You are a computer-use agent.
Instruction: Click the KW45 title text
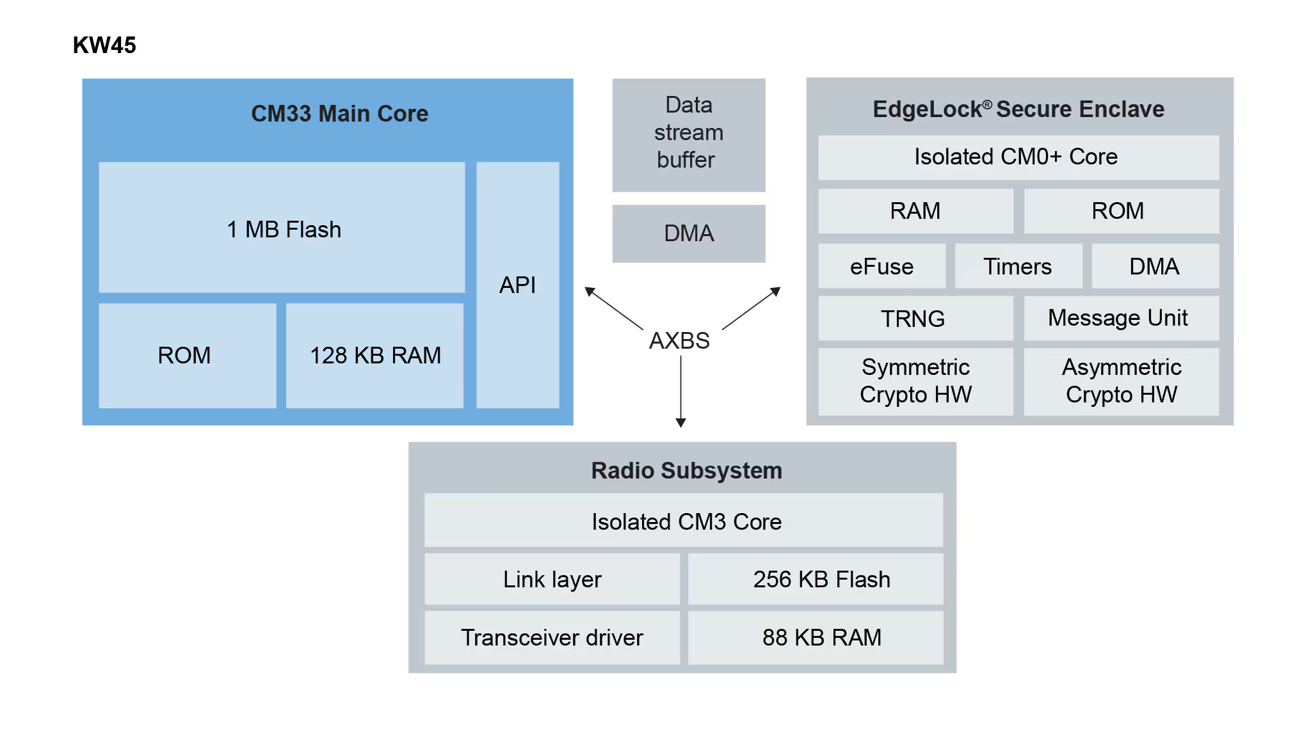(x=104, y=45)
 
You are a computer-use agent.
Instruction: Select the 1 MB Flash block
(x=282, y=228)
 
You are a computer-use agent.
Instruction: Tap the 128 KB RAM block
(x=374, y=355)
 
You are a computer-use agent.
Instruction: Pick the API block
(x=517, y=285)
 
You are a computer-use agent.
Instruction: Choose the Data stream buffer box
(x=688, y=134)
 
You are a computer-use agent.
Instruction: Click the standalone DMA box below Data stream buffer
(x=688, y=234)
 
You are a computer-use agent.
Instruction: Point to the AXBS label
(x=679, y=340)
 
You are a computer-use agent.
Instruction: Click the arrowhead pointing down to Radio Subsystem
(x=680, y=423)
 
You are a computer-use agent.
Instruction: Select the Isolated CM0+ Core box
(x=1018, y=157)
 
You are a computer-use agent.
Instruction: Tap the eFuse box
(x=881, y=266)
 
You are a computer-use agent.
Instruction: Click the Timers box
(x=1018, y=266)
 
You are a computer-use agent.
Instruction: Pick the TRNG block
(x=915, y=318)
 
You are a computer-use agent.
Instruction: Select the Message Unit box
(x=1121, y=318)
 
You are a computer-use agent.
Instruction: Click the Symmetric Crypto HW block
(x=915, y=381)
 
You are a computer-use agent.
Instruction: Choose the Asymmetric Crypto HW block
(x=1121, y=381)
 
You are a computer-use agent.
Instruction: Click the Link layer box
(x=552, y=579)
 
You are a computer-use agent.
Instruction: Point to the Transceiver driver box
(x=552, y=637)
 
